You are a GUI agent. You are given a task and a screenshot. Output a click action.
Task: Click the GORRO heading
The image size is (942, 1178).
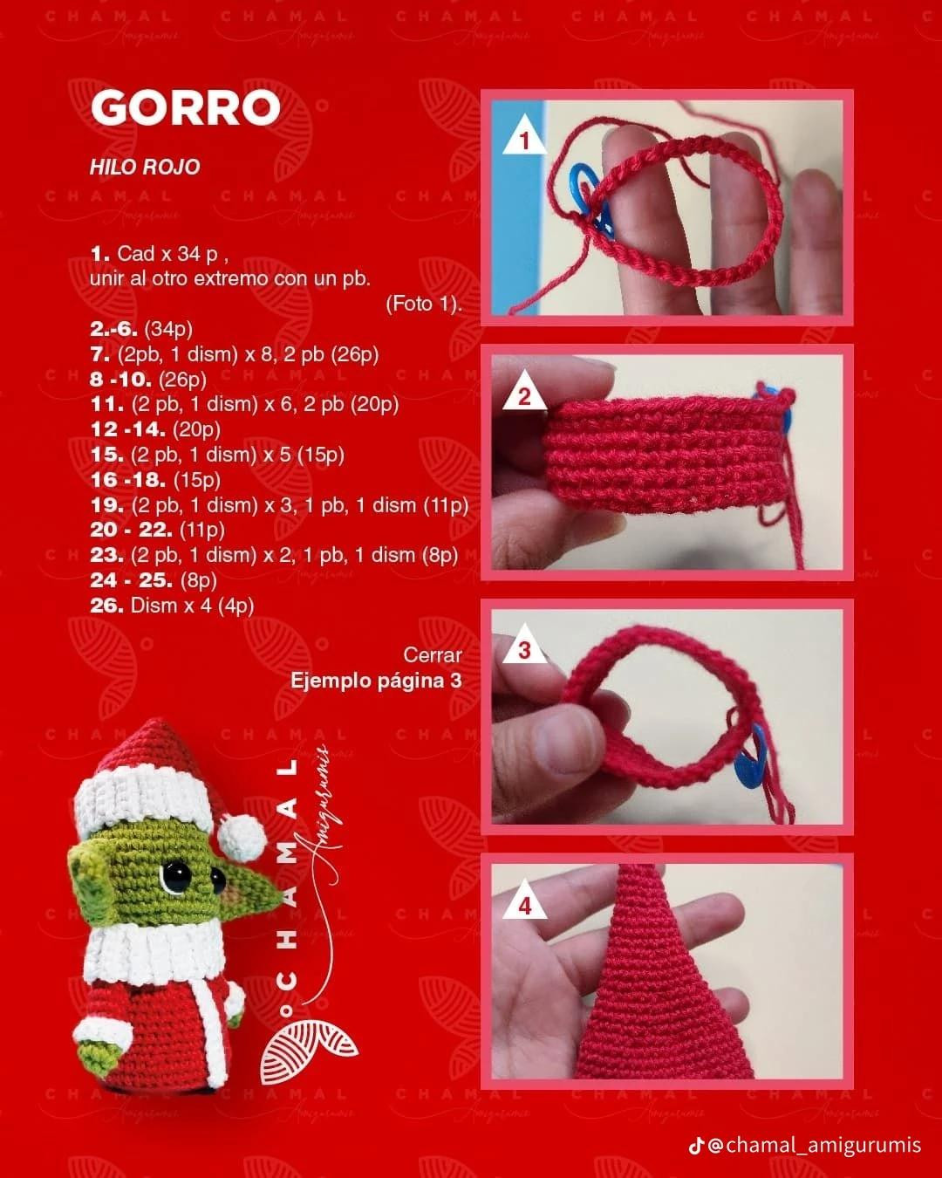click(185, 107)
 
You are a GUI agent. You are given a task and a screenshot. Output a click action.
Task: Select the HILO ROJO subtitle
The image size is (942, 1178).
click(145, 167)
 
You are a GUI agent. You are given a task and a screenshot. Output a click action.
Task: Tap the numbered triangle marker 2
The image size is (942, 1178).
click(524, 397)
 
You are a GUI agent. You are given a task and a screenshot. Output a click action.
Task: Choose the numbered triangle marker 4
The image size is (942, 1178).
click(524, 907)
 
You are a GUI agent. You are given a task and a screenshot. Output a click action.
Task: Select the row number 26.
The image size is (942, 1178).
click(107, 605)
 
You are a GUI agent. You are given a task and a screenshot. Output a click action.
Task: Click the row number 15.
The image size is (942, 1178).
click(107, 454)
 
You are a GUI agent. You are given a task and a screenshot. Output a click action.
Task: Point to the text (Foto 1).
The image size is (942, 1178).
click(423, 304)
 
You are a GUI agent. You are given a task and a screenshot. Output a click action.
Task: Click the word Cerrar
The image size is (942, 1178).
click(433, 654)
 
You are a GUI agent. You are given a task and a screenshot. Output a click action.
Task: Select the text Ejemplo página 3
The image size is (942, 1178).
click(376, 680)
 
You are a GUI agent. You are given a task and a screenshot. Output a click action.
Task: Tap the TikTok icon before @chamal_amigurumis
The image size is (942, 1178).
click(695, 1145)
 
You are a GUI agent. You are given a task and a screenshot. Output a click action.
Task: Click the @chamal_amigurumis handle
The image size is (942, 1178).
click(814, 1145)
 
